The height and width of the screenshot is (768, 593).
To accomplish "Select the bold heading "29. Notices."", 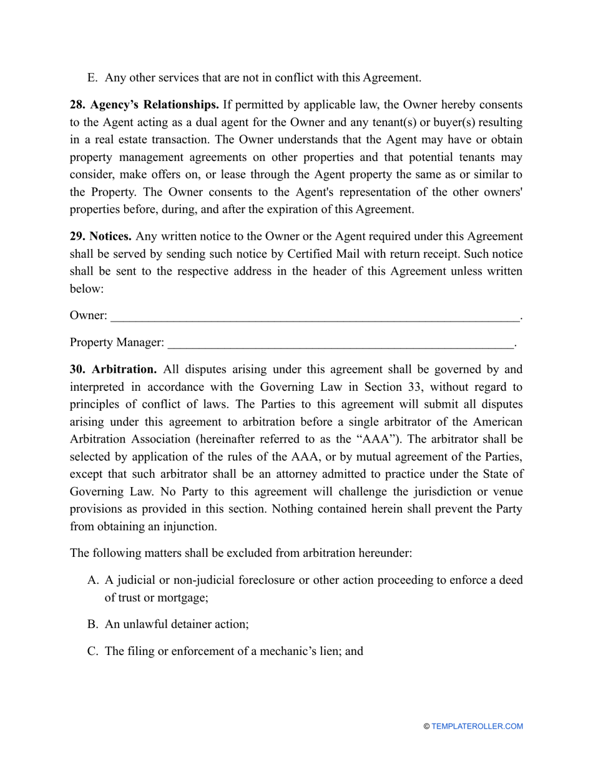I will click(x=100, y=236).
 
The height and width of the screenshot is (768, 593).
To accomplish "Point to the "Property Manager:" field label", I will click(x=117, y=343).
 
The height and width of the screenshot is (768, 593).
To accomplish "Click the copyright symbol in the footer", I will click(x=426, y=726).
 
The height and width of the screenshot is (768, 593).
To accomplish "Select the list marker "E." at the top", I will click(x=92, y=78).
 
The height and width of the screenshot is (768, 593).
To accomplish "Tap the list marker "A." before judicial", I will click(x=92, y=580).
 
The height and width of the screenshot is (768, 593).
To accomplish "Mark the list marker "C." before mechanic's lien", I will click(x=92, y=651).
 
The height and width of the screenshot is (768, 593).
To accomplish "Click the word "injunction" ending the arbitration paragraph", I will click(x=190, y=526).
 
